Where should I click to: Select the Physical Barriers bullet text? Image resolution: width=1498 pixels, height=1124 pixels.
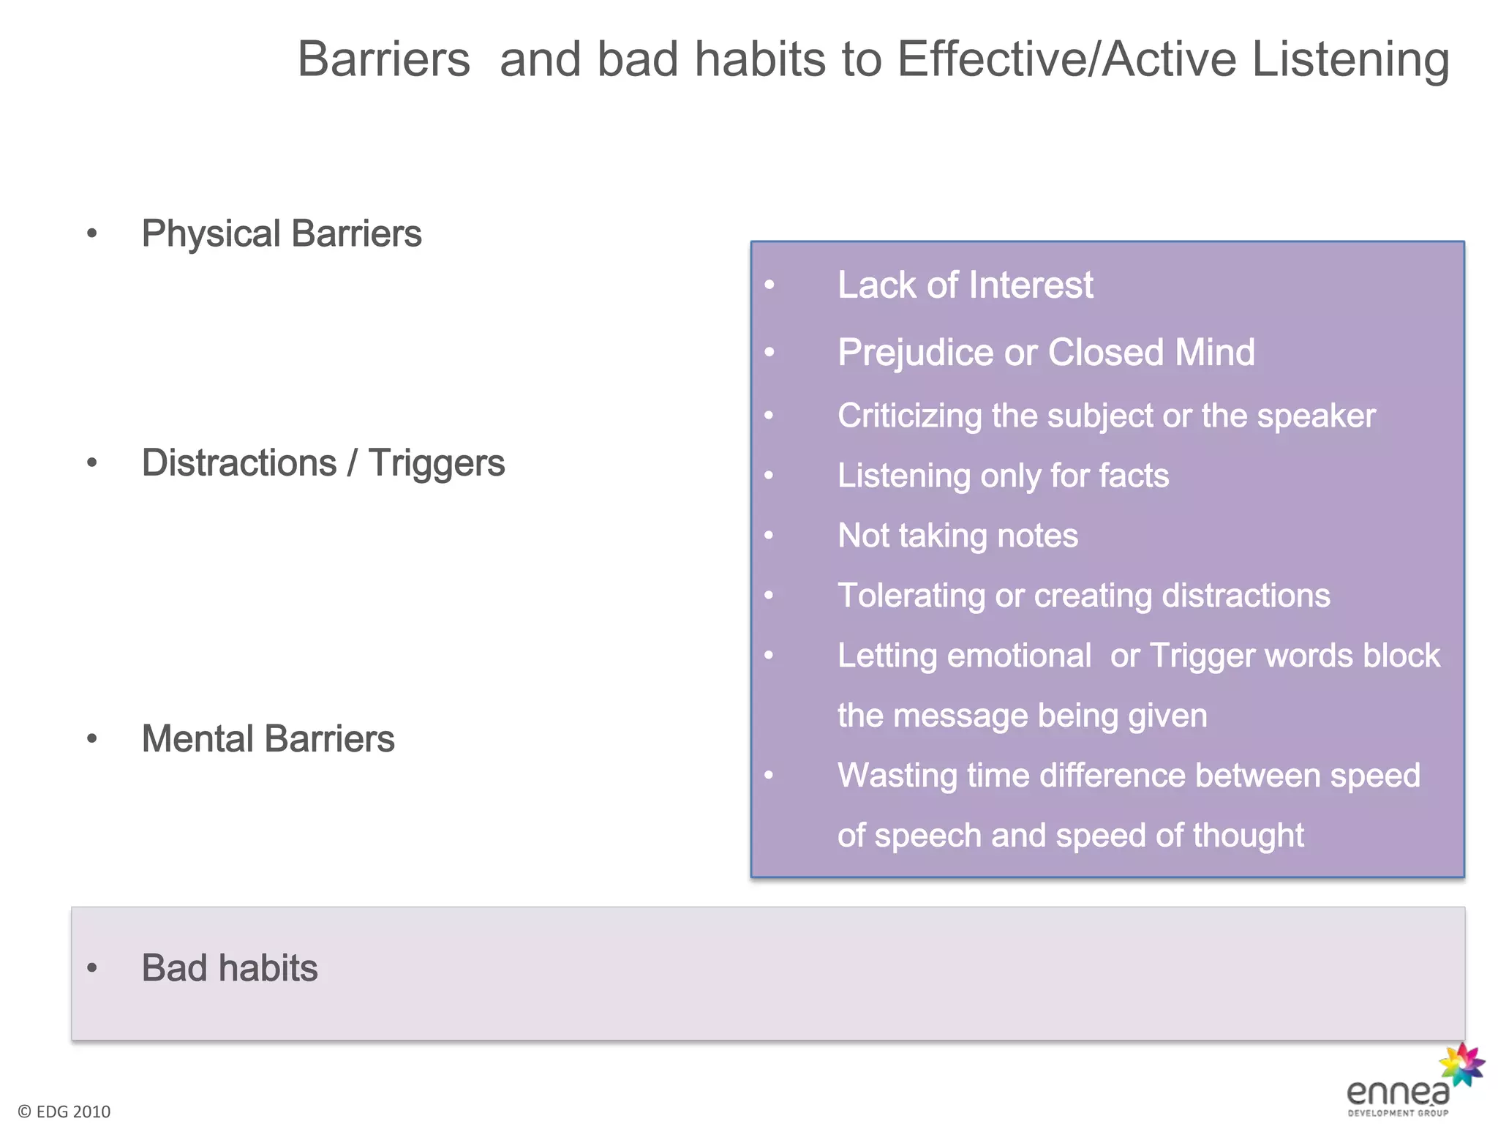pos(281,233)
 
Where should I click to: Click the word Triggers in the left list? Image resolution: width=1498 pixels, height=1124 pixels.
pos(436,463)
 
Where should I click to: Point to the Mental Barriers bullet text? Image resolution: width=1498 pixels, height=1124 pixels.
pos(268,738)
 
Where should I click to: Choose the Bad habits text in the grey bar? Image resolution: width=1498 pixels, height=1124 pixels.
pos(229,967)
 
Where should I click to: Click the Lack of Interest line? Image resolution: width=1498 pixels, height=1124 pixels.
pos(965,285)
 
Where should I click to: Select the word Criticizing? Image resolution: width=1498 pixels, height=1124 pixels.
pos(909,416)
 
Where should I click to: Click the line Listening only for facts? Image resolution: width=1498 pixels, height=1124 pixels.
pos(1003,476)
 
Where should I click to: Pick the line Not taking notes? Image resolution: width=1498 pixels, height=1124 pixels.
pos(957,536)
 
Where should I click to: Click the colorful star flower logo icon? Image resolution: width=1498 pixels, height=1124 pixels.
pos(1461,1065)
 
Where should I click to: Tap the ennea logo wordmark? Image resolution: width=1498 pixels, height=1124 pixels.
pos(1397,1093)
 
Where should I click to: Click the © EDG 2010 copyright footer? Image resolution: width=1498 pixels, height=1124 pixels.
pos(64,1112)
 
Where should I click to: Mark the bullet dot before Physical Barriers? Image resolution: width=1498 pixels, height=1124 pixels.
pos(91,234)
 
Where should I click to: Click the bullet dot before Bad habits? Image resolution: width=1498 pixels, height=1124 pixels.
pos(91,968)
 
